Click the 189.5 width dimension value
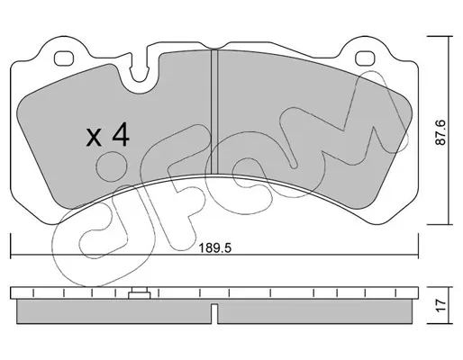[215, 248]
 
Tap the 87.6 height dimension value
[440, 132]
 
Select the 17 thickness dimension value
[440, 305]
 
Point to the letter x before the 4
[94, 138]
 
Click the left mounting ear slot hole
[64, 58]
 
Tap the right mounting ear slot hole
[365, 58]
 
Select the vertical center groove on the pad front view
[214, 112]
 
